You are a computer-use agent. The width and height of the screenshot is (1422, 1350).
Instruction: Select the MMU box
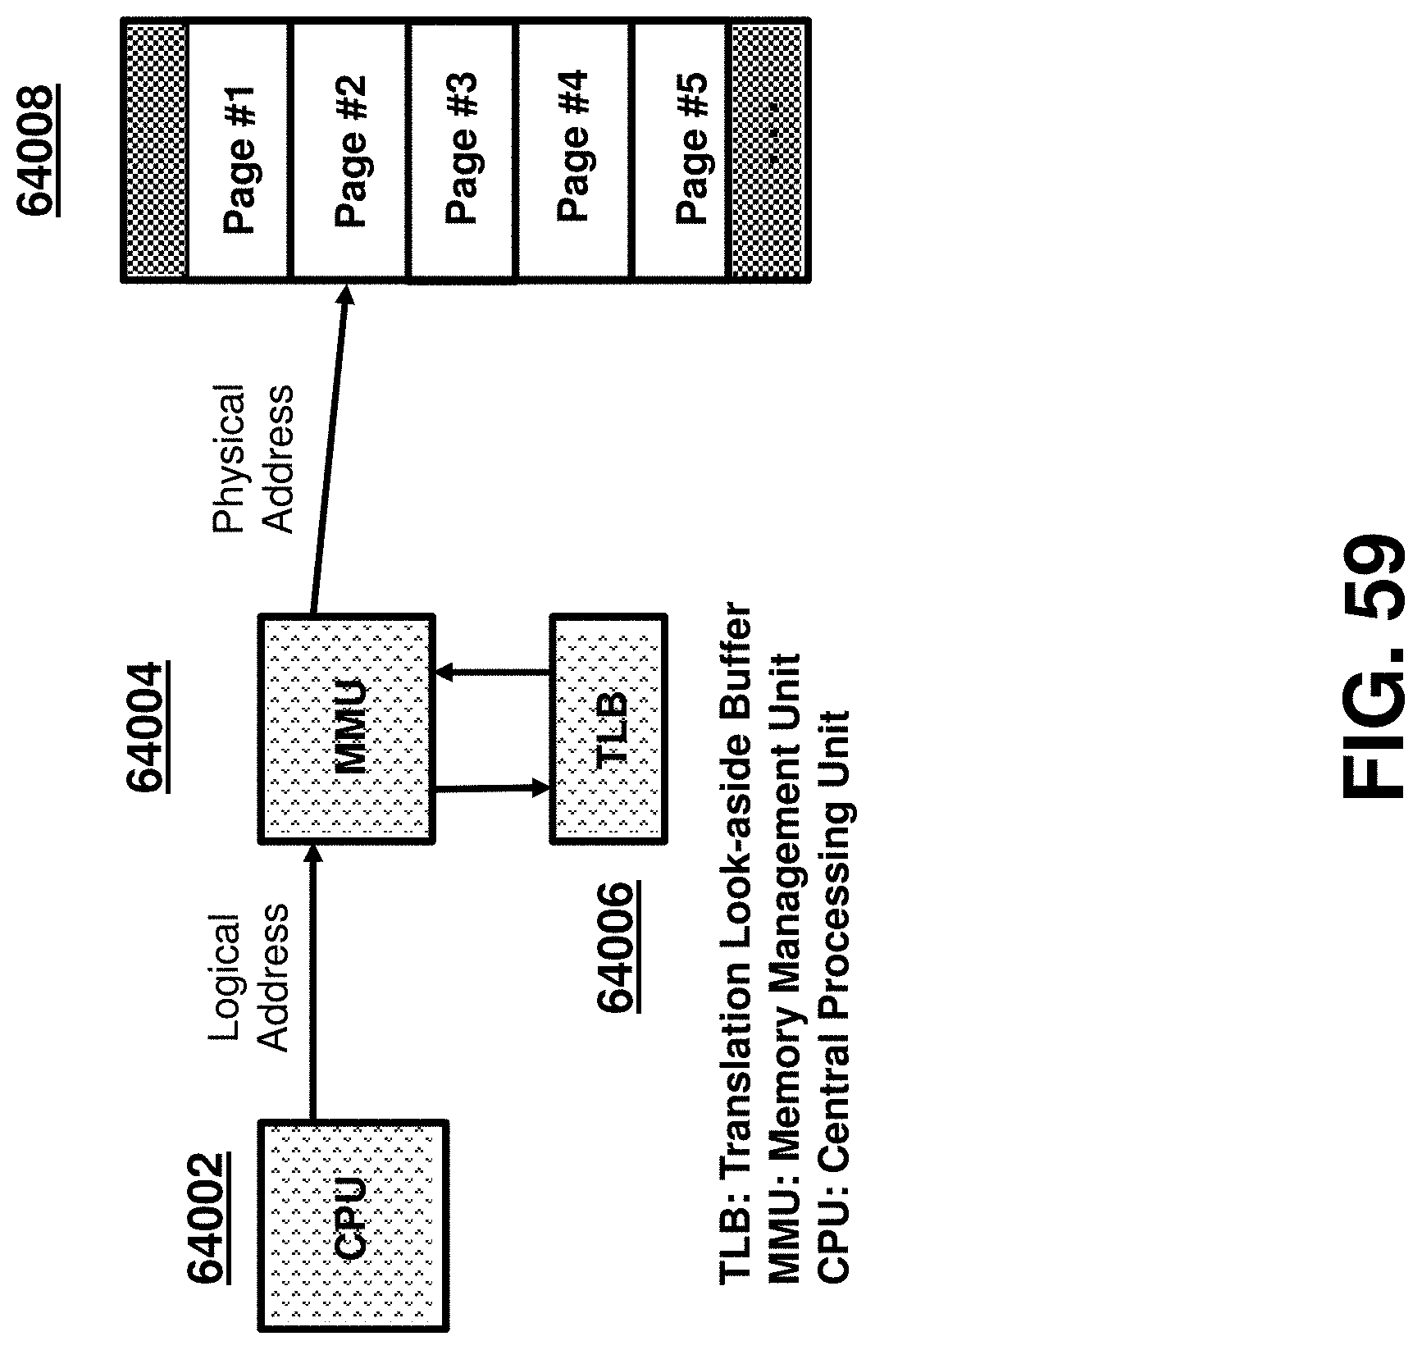[347, 728]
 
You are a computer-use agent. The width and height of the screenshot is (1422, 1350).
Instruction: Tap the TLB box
[608, 728]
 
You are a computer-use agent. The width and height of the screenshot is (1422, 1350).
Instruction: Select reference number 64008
[39, 152]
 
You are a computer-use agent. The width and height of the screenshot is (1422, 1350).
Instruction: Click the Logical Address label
[249, 981]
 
